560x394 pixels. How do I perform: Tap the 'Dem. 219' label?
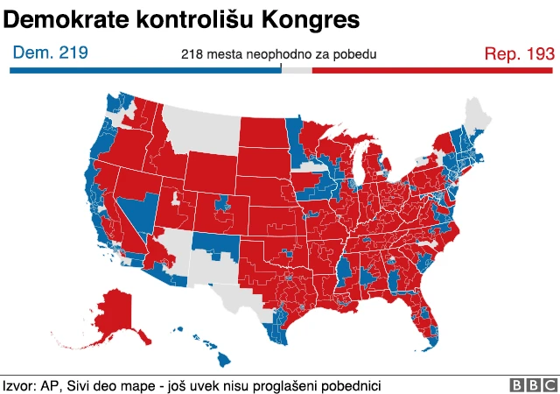pyautogui.click(x=50, y=53)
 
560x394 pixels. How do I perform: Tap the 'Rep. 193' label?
pyautogui.click(x=519, y=53)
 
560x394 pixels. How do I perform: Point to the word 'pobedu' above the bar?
pyautogui.click(x=356, y=54)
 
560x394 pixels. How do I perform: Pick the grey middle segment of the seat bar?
pyautogui.click(x=297, y=69)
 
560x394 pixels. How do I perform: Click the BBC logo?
pyautogui.click(x=533, y=385)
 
